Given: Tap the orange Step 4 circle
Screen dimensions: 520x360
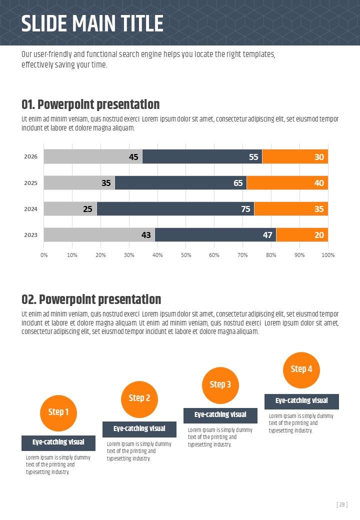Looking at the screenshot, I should [301, 369].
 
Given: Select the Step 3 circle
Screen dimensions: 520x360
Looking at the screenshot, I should [220, 385].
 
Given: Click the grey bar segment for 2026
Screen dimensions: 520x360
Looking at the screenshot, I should [93, 156].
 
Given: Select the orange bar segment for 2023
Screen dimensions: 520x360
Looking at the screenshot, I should [302, 234].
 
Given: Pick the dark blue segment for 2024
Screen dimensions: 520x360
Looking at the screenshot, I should [175, 208].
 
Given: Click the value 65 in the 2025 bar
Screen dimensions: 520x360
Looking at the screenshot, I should [238, 183].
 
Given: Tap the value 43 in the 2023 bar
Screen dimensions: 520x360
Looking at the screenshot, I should [146, 235].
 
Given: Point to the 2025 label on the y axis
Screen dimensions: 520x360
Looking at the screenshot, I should [31, 182].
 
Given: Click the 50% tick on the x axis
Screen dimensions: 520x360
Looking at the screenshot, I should [186, 255].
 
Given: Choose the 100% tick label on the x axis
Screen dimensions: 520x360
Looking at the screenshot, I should [327, 255].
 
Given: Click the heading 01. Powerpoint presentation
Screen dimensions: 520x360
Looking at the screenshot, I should [90, 104].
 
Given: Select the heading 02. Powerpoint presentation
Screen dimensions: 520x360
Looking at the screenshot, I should [91, 299].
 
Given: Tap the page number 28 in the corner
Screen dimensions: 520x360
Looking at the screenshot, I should [342, 505].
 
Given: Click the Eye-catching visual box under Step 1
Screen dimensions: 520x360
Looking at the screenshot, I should [58, 443].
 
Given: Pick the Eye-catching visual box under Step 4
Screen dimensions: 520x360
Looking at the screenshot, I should [301, 401].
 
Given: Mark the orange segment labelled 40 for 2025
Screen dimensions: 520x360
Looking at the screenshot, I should [287, 182].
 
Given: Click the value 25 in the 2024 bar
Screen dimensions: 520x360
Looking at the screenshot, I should [87, 209].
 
